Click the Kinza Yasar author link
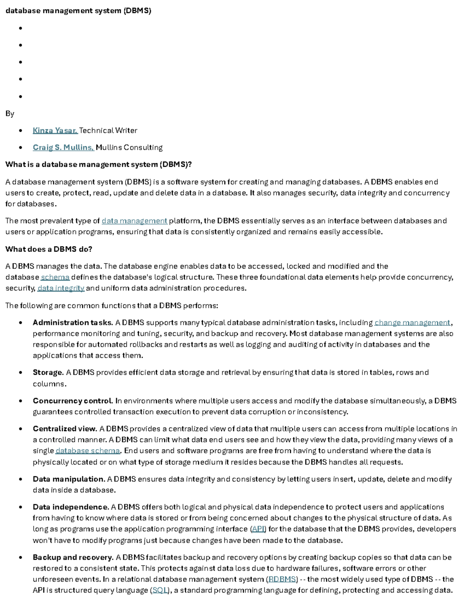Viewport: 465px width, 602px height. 55,131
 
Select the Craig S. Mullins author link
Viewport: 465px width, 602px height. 63,148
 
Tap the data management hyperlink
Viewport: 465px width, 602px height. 134,221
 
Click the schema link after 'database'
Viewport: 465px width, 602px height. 55,277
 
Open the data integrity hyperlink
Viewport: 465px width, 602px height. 61,288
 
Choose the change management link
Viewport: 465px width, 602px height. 412,323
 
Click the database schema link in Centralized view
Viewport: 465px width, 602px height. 88,451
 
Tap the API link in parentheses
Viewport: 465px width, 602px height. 258,529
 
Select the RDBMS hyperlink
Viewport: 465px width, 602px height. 282,580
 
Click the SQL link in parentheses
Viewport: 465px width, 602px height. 160,591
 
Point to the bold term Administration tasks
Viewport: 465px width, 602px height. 72,323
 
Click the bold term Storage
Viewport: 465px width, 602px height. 48,373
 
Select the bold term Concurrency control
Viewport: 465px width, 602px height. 73,401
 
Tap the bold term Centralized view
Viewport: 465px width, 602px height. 65,429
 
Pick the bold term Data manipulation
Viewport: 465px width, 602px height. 69,479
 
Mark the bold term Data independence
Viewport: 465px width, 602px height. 71,507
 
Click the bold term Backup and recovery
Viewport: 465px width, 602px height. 73,557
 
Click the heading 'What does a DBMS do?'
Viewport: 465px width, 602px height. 49,249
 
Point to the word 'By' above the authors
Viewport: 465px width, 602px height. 10,114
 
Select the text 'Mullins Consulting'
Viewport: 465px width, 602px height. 129,148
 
